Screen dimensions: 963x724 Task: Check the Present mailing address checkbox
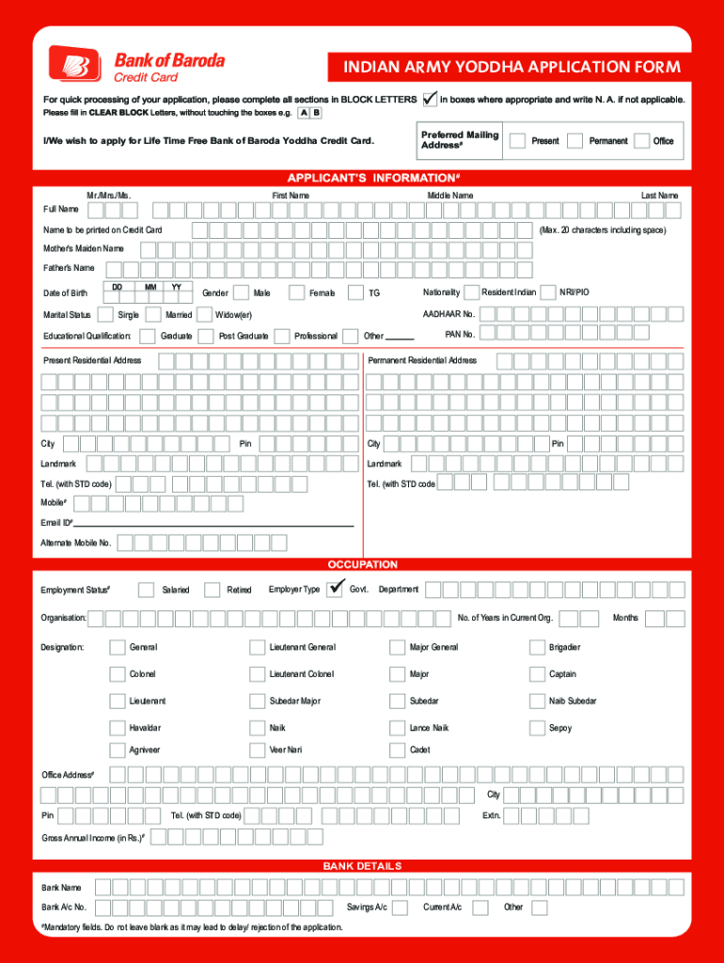517,140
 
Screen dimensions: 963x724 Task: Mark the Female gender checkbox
296,292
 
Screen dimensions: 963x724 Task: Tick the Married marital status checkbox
152,314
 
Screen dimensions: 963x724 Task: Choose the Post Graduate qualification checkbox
206,336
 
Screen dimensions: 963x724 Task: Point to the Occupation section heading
362,565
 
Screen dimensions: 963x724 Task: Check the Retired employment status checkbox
212,590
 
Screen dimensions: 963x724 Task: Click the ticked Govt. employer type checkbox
335,590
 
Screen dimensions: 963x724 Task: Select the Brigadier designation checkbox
538,647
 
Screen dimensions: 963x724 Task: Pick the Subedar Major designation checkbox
257,701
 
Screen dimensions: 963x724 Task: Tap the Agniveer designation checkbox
117,750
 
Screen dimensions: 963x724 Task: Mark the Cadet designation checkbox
397,750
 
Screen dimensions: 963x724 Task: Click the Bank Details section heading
362,866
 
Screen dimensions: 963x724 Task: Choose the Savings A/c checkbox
400,908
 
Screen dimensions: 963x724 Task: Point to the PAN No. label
460,335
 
